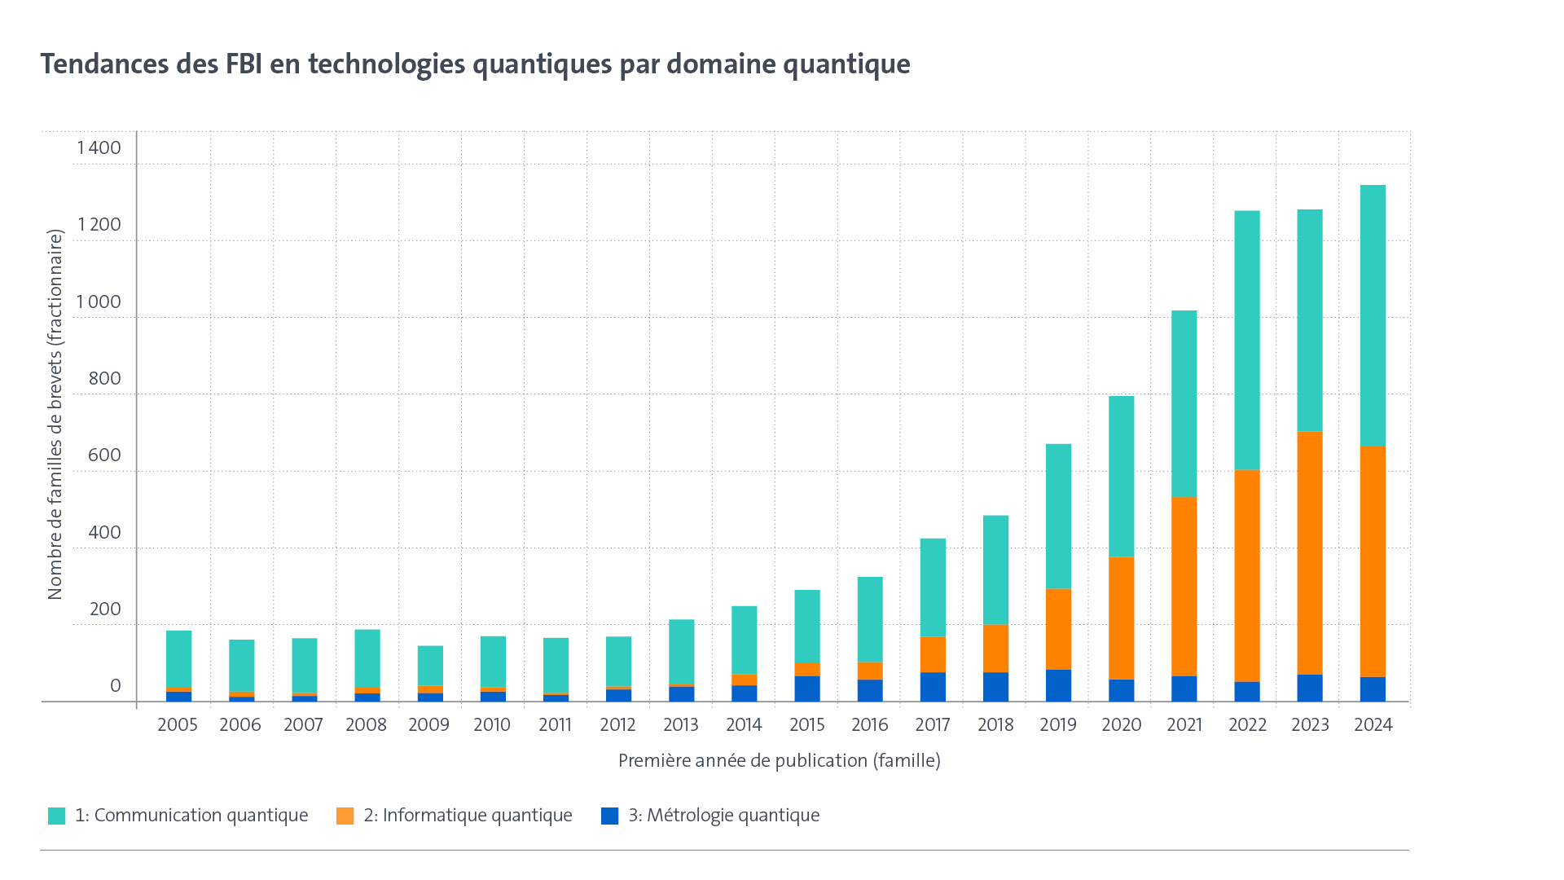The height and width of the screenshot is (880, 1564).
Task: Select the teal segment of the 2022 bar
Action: (x=1247, y=340)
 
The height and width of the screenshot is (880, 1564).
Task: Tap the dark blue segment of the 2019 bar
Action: (x=1058, y=685)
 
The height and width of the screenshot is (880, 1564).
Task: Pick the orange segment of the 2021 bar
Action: (x=1184, y=586)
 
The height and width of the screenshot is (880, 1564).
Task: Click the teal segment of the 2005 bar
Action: (x=178, y=658)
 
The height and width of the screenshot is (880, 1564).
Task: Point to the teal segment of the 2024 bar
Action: (x=1373, y=315)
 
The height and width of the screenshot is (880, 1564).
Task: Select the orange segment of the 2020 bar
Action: (x=1121, y=618)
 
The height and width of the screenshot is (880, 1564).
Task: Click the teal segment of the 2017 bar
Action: (x=933, y=587)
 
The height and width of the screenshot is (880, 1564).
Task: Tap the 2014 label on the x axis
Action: (x=744, y=724)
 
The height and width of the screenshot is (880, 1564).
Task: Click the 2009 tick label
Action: (x=428, y=724)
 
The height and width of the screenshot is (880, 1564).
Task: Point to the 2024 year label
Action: (x=1373, y=724)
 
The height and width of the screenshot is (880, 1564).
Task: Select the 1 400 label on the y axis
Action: (x=99, y=147)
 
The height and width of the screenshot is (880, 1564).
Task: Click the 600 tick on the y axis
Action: (x=104, y=455)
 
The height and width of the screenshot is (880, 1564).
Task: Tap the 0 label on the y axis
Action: (x=115, y=685)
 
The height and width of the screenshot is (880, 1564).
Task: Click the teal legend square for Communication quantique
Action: (x=56, y=816)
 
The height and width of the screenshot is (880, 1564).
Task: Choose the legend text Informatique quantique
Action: (x=468, y=816)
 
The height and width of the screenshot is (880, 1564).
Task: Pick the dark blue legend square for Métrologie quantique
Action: (x=609, y=816)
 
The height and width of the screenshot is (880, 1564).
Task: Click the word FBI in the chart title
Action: (x=244, y=64)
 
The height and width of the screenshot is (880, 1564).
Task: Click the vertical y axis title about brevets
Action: (x=55, y=415)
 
